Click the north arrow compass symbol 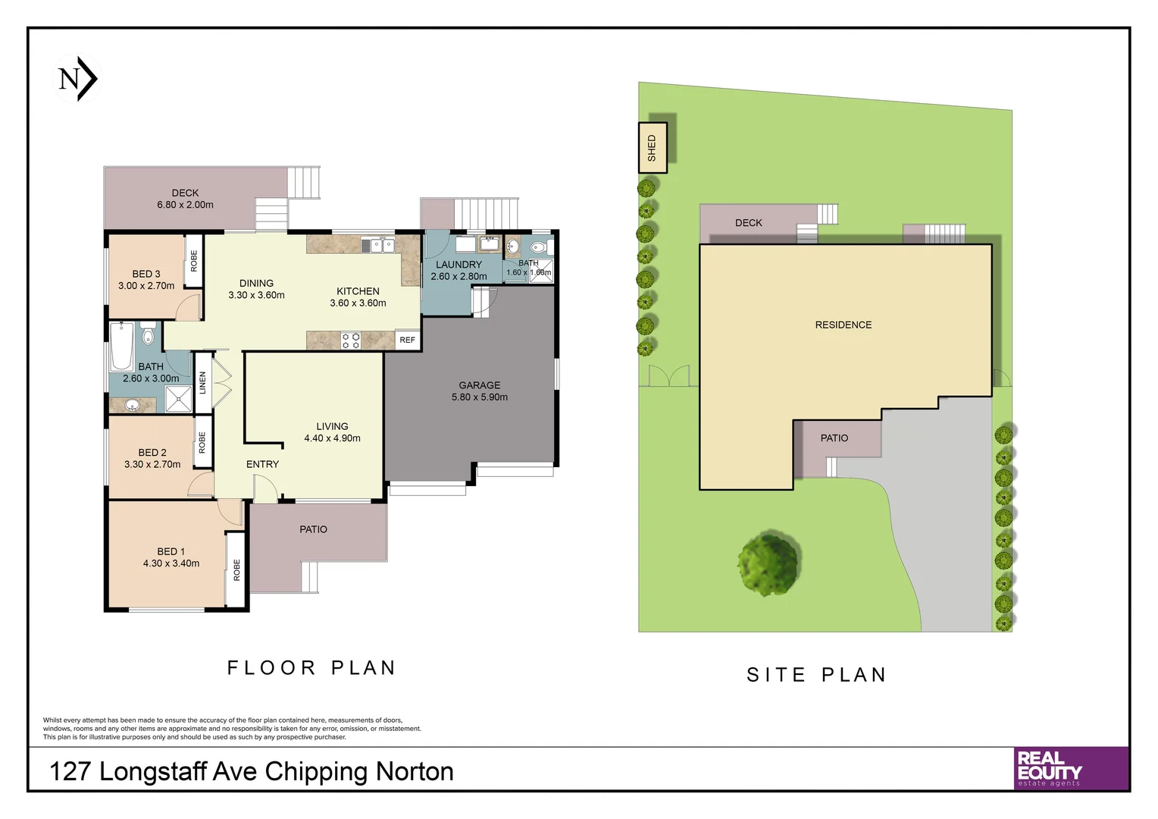coord(78,79)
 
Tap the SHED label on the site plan coord(652,148)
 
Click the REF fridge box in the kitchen coord(408,340)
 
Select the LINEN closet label coord(203,382)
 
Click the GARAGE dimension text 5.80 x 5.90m coord(480,397)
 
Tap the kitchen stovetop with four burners coord(350,340)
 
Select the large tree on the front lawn coord(768,563)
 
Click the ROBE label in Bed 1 coord(236,570)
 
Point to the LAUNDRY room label coord(459,265)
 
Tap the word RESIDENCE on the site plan coord(843,325)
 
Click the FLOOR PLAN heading coord(311,667)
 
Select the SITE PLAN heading coord(816,674)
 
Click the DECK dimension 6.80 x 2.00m coord(185,205)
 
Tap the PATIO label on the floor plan coord(313,529)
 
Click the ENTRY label coord(262,464)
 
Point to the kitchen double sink coord(378,245)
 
